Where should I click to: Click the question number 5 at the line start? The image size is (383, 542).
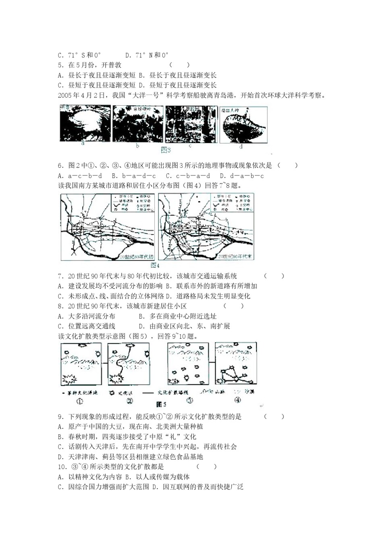60,65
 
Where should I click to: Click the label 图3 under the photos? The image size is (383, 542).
166,150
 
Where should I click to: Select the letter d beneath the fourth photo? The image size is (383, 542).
241,146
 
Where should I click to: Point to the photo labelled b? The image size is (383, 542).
137,124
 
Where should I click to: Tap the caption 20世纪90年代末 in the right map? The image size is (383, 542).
235,256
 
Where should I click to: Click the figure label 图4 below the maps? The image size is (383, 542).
155,265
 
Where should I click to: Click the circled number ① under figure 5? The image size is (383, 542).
79,401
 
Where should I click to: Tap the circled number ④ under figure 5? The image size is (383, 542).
238,400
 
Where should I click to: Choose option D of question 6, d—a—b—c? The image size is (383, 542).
242,176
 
